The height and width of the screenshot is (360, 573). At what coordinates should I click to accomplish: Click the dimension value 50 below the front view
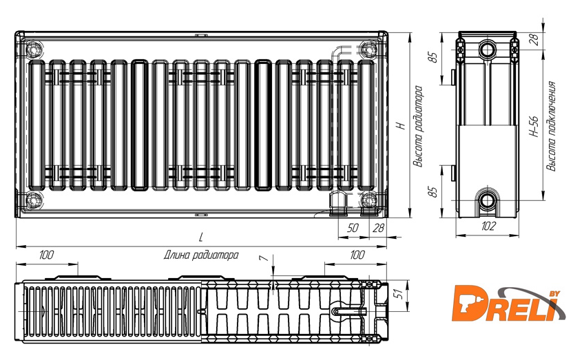[353, 228]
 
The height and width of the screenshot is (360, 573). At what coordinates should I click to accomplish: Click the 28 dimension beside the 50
[378, 228]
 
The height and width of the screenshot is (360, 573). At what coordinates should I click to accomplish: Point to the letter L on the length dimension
[200, 237]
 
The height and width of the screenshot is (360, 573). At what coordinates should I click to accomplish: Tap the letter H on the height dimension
[402, 125]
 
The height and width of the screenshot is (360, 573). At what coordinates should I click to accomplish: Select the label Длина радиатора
[201, 255]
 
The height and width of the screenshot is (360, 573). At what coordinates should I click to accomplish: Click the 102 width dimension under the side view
[488, 226]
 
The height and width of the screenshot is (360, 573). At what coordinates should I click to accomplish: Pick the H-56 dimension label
[534, 127]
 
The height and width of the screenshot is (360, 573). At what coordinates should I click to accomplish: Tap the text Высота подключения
[551, 127]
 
